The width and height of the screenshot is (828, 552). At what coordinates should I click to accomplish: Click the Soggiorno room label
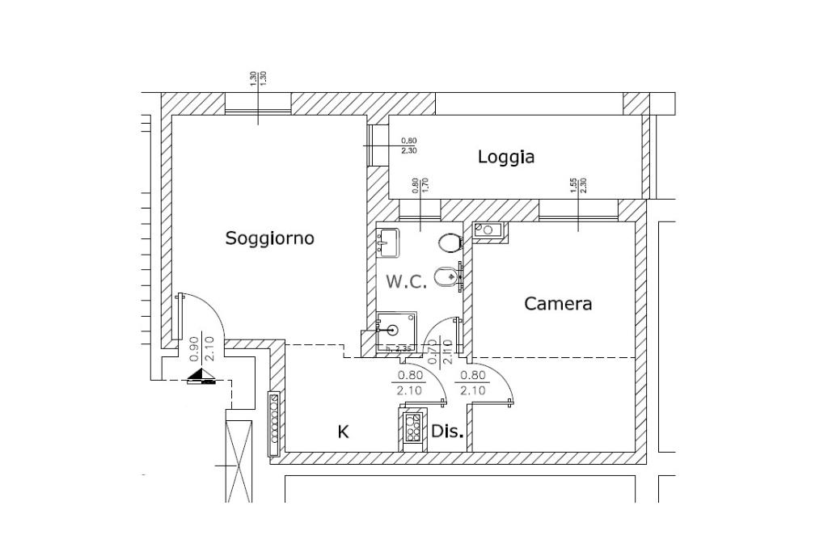(x=269, y=238)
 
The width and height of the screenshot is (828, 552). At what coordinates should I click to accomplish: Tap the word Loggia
(x=506, y=157)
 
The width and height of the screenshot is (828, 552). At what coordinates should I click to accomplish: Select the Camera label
(x=558, y=304)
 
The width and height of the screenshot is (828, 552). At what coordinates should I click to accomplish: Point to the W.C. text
(x=406, y=282)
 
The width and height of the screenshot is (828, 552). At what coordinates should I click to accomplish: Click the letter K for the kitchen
(x=343, y=432)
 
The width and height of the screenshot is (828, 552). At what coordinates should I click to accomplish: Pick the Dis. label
(x=447, y=432)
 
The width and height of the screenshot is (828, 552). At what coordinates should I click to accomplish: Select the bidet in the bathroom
(x=444, y=279)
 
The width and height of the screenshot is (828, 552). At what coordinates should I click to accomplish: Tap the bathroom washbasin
(x=387, y=242)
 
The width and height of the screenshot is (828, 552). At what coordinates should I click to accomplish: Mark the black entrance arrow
(x=201, y=376)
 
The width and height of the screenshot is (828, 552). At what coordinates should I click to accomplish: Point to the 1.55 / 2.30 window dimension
(x=577, y=185)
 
